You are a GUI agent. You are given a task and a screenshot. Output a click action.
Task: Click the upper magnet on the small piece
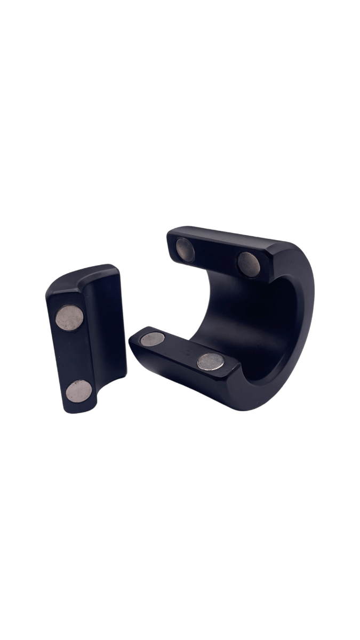pyautogui.click(x=70, y=318)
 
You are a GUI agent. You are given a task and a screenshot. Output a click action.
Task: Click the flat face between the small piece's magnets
pyautogui.click(x=74, y=355)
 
